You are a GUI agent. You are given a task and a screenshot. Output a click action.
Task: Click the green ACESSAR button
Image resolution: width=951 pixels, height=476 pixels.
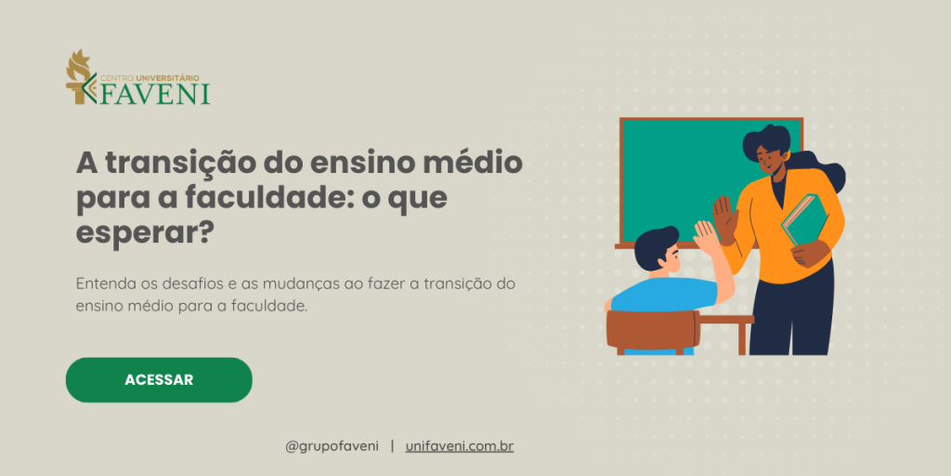[x=159, y=379]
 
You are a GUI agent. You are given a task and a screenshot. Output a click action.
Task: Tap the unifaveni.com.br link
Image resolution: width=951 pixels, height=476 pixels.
[x=460, y=446]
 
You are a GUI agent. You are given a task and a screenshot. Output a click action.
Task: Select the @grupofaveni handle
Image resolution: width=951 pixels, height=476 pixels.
[x=332, y=446]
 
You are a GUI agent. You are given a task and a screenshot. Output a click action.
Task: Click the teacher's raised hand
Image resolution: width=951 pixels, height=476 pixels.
[x=723, y=219]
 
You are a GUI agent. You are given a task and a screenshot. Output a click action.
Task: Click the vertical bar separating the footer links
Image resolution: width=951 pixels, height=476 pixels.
[x=392, y=446]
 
